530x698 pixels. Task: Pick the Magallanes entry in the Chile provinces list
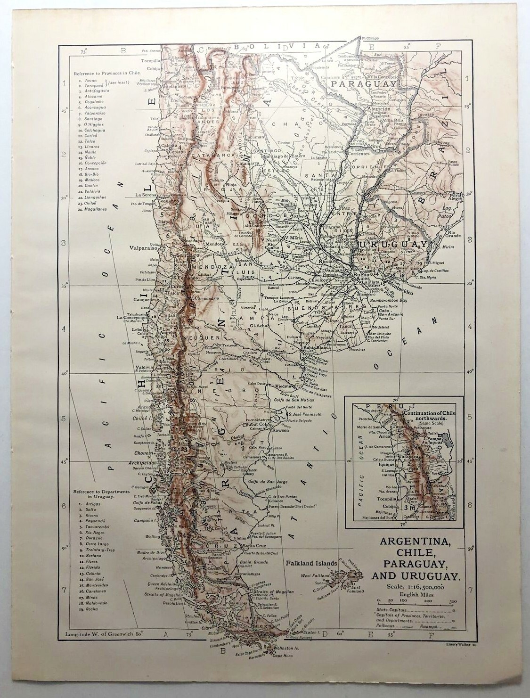click(96, 209)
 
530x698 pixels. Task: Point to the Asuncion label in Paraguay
click(379, 108)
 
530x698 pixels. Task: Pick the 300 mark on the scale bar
click(453, 601)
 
